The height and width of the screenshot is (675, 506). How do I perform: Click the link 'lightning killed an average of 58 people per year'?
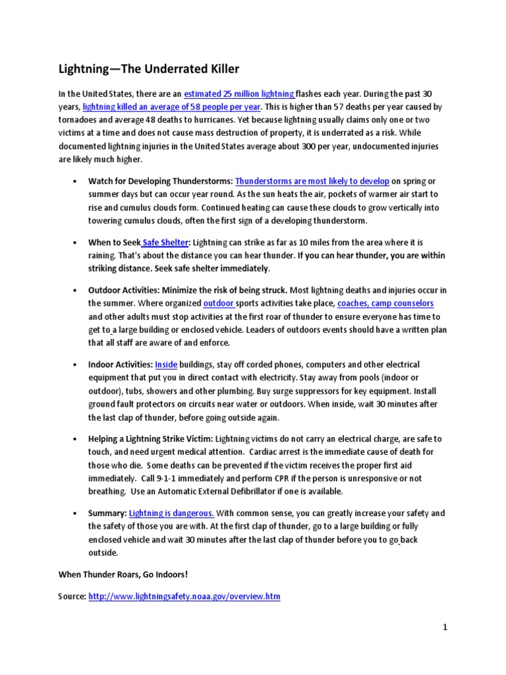point(171,107)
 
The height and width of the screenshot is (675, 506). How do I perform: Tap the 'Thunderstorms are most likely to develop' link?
point(312,181)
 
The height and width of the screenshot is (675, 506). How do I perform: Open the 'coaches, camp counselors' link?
point(385,303)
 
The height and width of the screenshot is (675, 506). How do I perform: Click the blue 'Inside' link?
point(166,365)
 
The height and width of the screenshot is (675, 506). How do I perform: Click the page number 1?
point(445,628)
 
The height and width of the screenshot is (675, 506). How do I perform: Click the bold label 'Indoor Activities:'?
point(121,365)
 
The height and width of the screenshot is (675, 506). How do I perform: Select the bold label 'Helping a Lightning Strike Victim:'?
point(151,439)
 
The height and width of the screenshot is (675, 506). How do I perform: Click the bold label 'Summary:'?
point(107,513)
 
